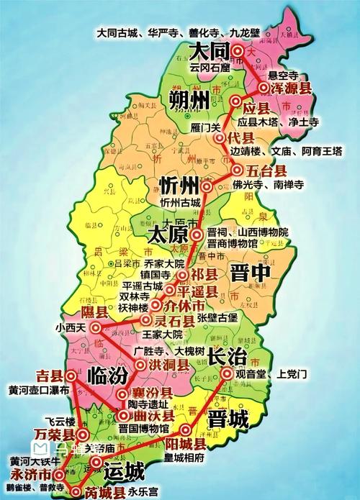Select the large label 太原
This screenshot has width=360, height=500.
pyautogui.click(x=166, y=235)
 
